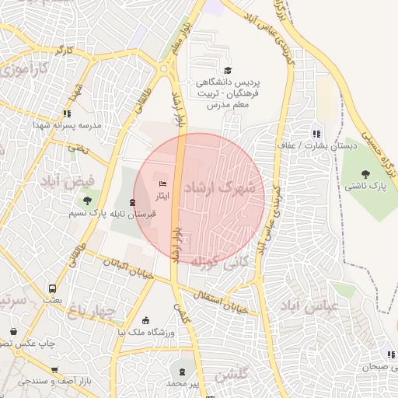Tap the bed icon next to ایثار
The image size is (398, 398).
point(162,184)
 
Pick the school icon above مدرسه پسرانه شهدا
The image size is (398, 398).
point(68,113)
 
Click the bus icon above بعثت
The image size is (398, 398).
point(52,286)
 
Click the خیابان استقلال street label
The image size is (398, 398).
point(218,299)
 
